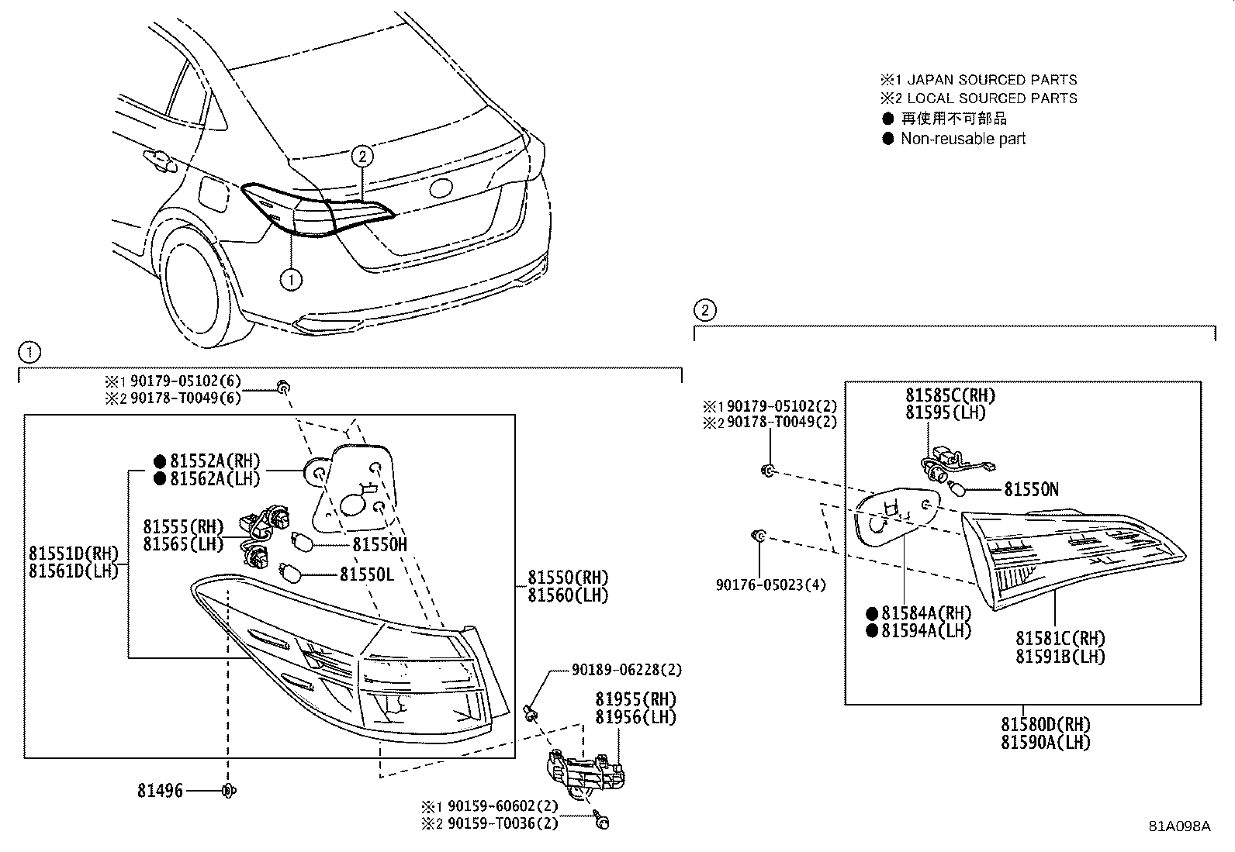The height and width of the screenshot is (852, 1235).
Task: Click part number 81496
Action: click(x=161, y=791)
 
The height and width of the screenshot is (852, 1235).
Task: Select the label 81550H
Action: click(x=379, y=544)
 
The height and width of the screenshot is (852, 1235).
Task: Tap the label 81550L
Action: click(x=367, y=574)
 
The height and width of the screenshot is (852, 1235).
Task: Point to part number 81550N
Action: click(x=1031, y=489)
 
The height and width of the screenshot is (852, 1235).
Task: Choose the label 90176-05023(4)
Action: click(x=770, y=585)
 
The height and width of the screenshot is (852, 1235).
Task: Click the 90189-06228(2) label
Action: click(x=627, y=670)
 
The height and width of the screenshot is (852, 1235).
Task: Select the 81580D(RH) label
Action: click(x=1045, y=725)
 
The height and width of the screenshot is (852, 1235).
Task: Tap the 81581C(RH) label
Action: click(x=1060, y=639)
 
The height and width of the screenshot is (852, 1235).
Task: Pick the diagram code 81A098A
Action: click(x=1179, y=826)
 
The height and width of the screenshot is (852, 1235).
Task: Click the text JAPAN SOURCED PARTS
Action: click(x=991, y=80)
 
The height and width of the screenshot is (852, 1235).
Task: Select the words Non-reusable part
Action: click(x=963, y=139)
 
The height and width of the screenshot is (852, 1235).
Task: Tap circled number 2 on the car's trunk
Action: click(x=362, y=156)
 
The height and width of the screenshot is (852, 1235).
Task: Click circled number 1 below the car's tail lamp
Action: click(x=290, y=279)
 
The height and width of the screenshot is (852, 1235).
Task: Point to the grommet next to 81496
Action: click(x=228, y=791)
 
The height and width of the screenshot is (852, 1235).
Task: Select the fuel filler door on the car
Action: click(x=213, y=194)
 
